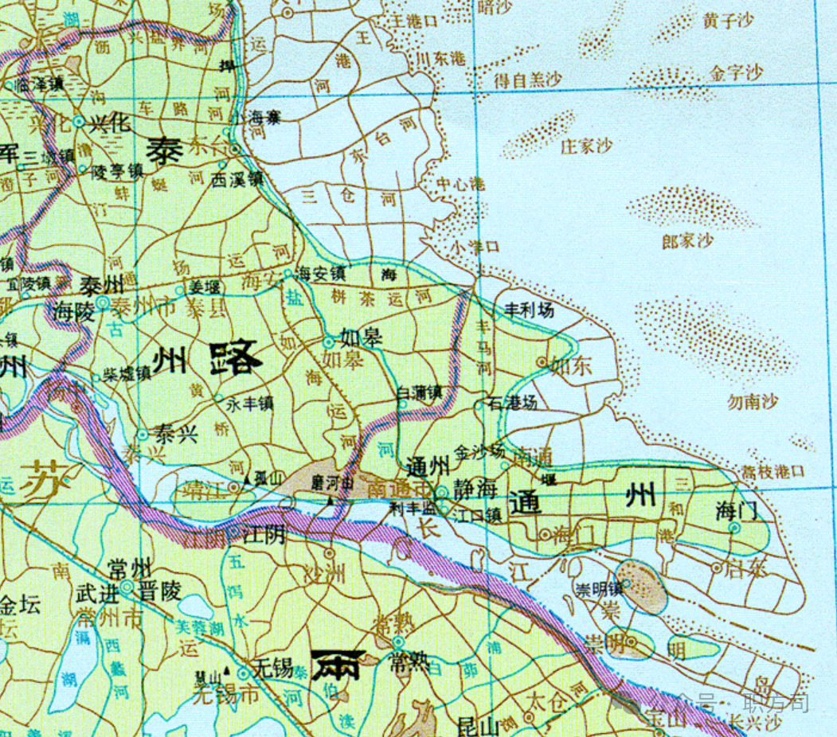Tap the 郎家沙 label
pyautogui.click(x=687, y=240)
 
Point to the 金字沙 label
pyautogui.click(x=736, y=73)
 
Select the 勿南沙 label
pyautogui.click(x=753, y=402)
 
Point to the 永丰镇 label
pyautogui.click(x=250, y=404)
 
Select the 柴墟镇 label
pyautogui.click(x=127, y=373)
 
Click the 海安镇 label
pyautogui.click(x=320, y=273)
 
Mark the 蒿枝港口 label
pyautogui.click(x=772, y=472)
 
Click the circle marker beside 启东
pyautogui.click(x=717, y=567)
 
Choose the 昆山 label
pyautogui.click(x=478, y=726)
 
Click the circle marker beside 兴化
pyautogui.click(x=78, y=122)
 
